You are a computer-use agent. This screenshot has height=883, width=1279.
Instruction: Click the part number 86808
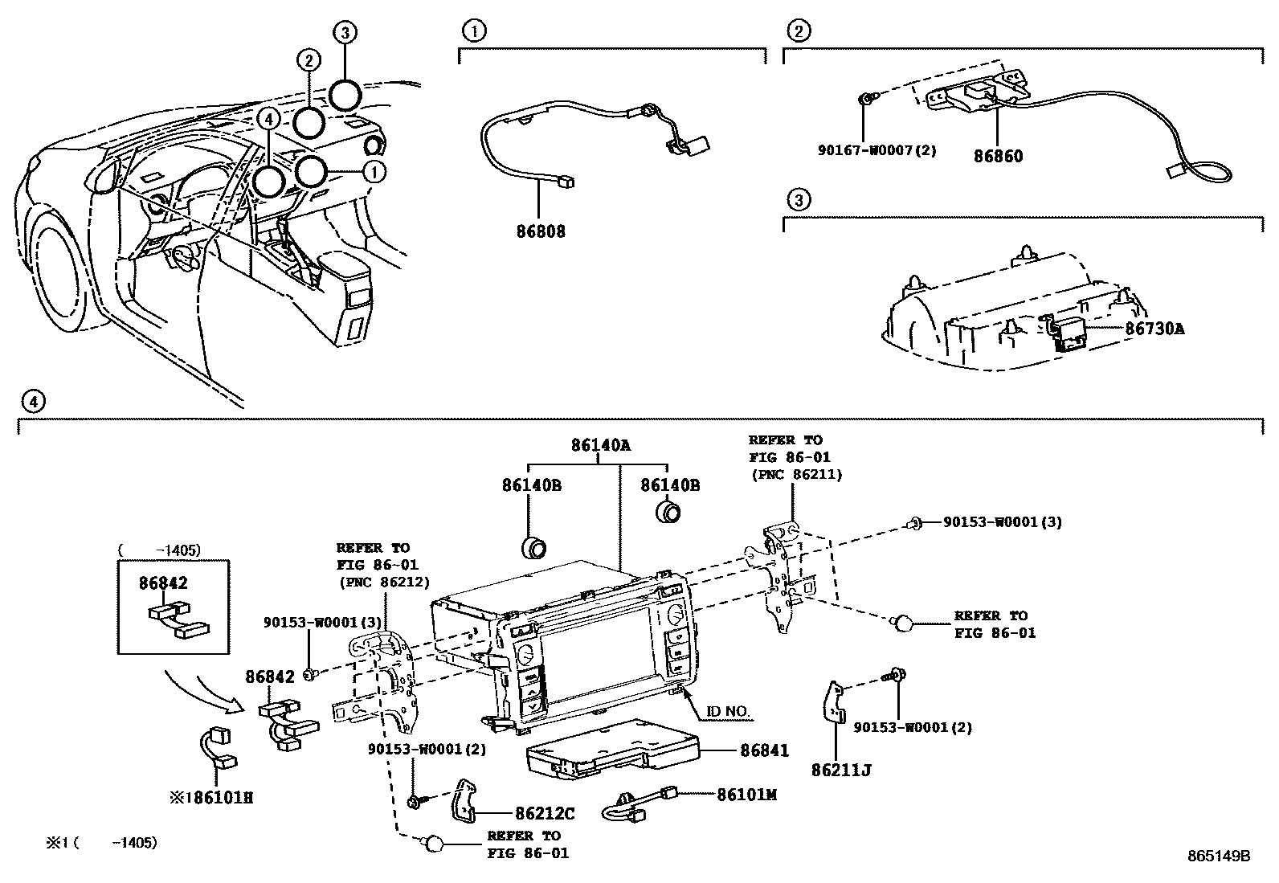(541, 231)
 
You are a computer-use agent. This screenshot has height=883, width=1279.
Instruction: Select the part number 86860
(999, 156)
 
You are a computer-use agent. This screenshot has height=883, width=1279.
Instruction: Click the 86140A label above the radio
(601, 444)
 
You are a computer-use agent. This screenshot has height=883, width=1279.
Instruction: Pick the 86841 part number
(764, 750)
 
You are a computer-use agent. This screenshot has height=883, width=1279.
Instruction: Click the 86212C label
(545, 814)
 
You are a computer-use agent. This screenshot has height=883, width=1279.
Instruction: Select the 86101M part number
(746, 795)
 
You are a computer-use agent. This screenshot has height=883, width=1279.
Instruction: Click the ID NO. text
(728, 712)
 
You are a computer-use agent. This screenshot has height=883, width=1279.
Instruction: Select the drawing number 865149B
(1219, 856)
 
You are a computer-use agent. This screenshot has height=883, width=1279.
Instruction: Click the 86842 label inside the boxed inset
(163, 583)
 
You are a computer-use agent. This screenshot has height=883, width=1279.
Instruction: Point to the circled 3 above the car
(344, 32)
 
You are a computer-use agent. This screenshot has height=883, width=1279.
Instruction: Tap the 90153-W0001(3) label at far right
(1003, 522)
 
